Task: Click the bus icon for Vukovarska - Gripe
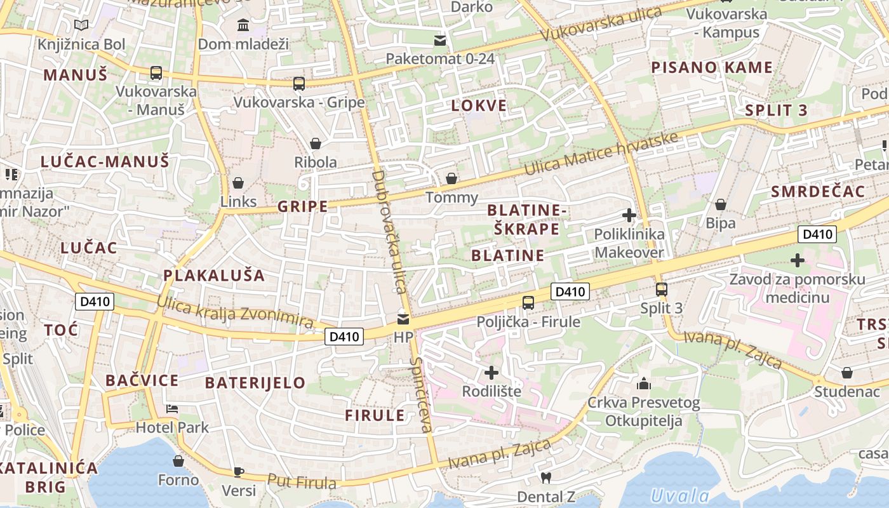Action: [x=298, y=83]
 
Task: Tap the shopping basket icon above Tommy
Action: [x=451, y=178]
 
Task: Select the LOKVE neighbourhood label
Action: [x=479, y=106]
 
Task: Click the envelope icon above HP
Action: [x=403, y=319]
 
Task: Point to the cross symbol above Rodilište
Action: [x=491, y=372]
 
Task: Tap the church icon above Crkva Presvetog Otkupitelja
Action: [x=644, y=384]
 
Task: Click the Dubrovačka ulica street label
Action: [x=389, y=232]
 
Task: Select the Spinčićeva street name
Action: [x=421, y=394]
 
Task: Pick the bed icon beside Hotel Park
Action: [x=171, y=409]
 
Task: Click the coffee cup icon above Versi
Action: [x=239, y=471]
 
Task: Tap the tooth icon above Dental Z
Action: [x=545, y=478]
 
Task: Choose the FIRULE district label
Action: [x=375, y=416]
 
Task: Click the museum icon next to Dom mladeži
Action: [x=243, y=25]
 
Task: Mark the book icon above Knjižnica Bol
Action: [x=81, y=25]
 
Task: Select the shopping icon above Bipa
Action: [x=721, y=204]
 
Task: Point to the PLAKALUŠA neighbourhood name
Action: [x=214, y=276]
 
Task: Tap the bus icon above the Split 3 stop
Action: [x=662, y=290]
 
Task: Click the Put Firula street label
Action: [x=302, y=482]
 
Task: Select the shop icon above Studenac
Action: [x=847, y=373]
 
